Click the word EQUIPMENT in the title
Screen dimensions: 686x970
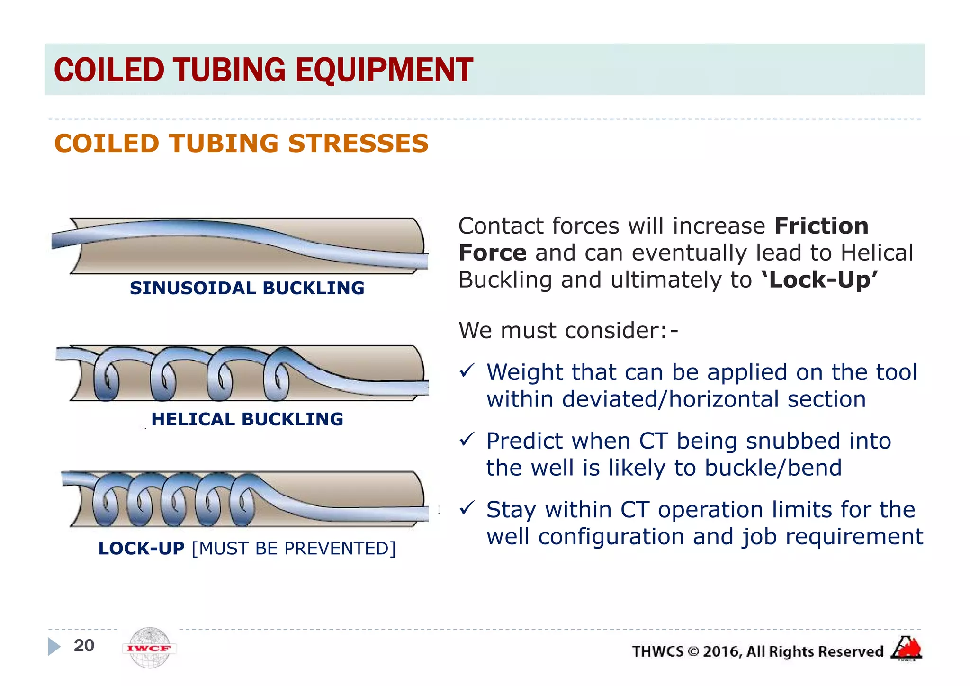pyautogui.click(x=384, y=70)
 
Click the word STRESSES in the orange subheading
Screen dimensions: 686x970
pyautogui.click(x=358, y=144)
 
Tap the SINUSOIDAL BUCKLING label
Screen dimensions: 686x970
pyautogui.click(x=247, y=288)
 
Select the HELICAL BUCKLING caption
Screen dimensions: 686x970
pyautogui.click(x=247, y=419)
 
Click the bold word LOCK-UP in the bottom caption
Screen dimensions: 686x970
pyautogui.click(x=141, y=548)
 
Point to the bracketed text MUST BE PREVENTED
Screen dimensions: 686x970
pyautogui.click(x=294, y=549)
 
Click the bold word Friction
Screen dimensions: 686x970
pyautogui.click(x=821, y=226)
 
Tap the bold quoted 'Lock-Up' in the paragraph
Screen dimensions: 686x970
pyautogui.click(x=819, y=280)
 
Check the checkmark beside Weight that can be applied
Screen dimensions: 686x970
pyautogui.click(x=467, y=370)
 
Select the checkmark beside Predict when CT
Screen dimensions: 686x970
pyautogui.click(x=467, y=440)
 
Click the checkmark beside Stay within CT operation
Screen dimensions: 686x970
pyautogui.click(x=467, y=508)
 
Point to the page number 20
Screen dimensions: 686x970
pyautogui.click(x=84, y=645)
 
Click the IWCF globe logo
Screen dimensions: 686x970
pyautogui.click(x=149, y=648)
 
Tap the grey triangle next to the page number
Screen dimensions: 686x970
pyautogui.click(x=54, y=646)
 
